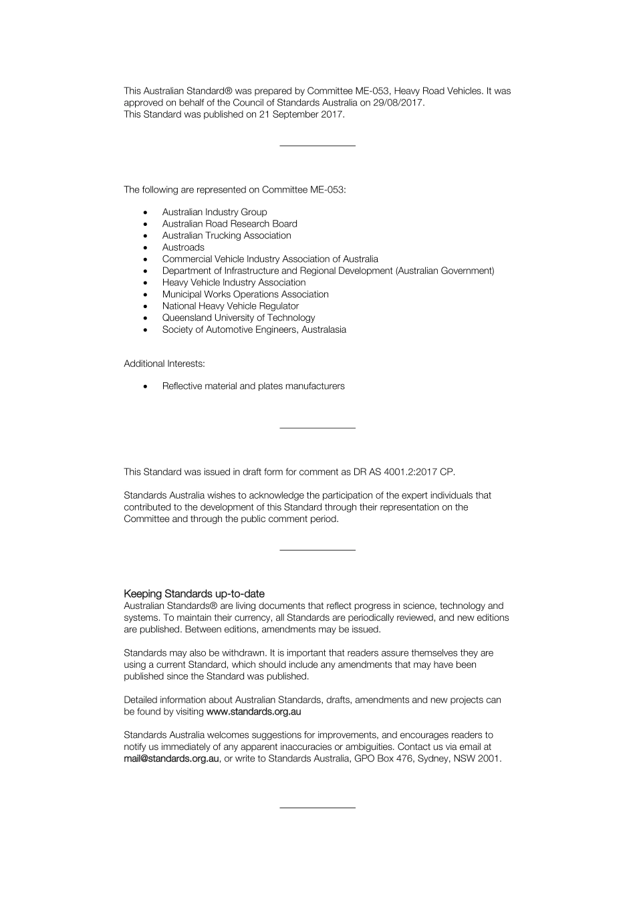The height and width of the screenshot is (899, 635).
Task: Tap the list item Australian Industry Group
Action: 214,212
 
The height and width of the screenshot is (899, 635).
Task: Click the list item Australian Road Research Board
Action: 229,224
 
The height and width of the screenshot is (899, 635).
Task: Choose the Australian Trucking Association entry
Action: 227,235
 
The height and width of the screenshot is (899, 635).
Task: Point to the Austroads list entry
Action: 183,247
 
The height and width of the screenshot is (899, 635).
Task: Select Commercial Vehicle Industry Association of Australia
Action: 270,259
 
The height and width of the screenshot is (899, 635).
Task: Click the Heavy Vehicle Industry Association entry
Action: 233,283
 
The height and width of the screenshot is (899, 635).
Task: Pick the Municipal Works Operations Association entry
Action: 245,294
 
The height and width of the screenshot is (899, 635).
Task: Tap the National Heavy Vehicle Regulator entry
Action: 230,306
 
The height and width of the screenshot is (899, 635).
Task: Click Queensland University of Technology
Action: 238,318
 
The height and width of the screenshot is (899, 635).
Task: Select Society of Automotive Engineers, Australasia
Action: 254,330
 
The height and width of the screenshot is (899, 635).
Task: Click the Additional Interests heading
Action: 164,364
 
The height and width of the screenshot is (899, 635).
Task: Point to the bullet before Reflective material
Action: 145,386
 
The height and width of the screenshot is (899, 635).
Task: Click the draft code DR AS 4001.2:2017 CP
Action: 404,472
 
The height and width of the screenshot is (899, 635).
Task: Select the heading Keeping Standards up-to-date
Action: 194,594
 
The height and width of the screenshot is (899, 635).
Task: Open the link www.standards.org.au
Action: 253,712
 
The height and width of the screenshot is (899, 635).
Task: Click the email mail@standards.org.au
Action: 171,759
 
